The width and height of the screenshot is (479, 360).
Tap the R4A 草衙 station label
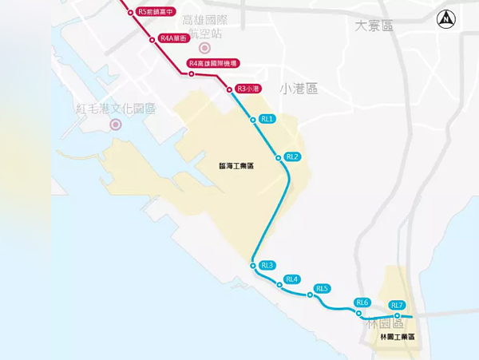tap(173, 38)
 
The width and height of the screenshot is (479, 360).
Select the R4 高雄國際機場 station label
tap(213, 63)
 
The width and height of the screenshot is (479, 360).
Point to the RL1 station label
tap(267, 119)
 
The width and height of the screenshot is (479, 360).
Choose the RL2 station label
tap(292, 156)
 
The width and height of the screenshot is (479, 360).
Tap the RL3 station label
tap(267, 265)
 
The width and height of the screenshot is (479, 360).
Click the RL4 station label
tap(291, 279)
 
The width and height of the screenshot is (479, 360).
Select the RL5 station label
tap(322, 288)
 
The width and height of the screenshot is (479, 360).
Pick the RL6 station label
tap(363, 303)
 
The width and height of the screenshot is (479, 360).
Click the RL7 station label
tap(398, 305)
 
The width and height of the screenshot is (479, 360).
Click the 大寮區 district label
tap(374, 26)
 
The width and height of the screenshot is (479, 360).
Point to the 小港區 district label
tap(299, 89)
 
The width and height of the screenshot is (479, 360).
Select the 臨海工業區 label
tap(236, 166)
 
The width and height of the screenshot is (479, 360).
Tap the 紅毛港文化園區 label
tap(116, 108)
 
